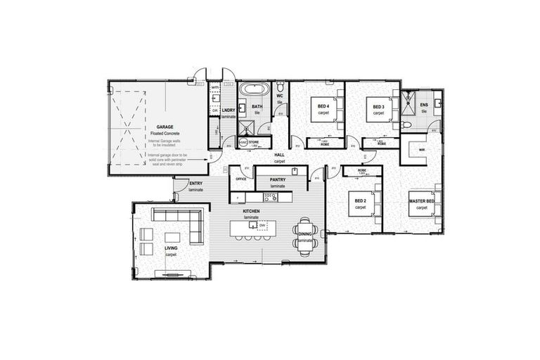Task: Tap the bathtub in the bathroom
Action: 252,91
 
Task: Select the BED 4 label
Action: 323,107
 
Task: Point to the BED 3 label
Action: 378,107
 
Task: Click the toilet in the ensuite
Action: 408,124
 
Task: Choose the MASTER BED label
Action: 422,202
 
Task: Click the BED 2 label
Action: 361,202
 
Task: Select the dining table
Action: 305,236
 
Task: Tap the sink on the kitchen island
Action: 264,225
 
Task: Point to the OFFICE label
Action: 241,179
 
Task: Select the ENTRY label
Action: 196,184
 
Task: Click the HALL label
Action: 279,155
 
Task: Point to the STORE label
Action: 254,142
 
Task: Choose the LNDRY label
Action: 228,110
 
